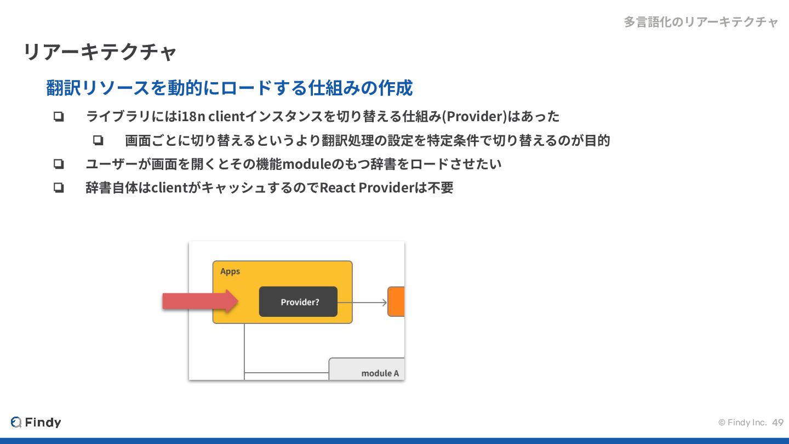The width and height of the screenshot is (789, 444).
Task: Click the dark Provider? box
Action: pos(298,301)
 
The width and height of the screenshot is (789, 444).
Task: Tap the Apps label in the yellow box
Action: pos(230,271)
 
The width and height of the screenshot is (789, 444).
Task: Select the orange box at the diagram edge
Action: pos(396,301)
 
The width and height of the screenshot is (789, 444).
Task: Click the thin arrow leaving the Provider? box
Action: pos(362,303)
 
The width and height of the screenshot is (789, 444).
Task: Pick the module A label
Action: pos(380,373)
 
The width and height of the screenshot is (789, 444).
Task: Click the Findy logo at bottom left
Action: pos(36,422)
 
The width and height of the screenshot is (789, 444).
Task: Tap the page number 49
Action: pos(777,423)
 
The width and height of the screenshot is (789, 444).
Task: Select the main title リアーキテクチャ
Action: pos(100,52)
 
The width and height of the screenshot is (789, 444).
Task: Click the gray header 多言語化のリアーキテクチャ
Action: pos(701,22)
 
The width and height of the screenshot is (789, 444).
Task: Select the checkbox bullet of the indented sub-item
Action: pos(98,140)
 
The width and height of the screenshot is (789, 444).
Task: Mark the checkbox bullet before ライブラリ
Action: pos(59,116)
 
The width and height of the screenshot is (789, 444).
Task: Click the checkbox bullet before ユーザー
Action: pos(59,164)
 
